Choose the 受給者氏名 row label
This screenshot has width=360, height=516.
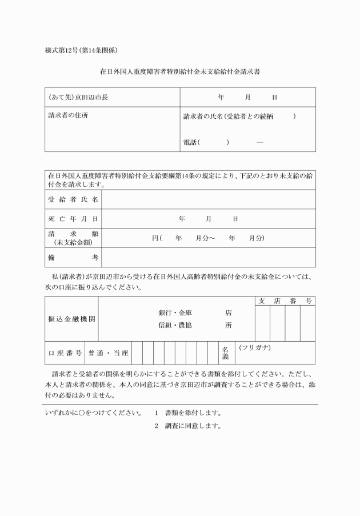point(73,199)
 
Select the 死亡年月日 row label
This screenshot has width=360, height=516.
point(73,219)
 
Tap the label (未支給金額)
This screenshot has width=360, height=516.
point(73,242)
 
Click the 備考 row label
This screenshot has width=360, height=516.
point(73,258)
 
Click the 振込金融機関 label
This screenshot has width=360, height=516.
point(71,319)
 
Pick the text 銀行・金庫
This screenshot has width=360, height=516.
point(175,313)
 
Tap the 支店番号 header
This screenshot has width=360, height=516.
point(285,301)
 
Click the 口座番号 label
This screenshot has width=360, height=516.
point(65,353)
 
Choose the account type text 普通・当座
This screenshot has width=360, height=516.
point(108,353)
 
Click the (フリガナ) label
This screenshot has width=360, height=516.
point(254,347)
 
